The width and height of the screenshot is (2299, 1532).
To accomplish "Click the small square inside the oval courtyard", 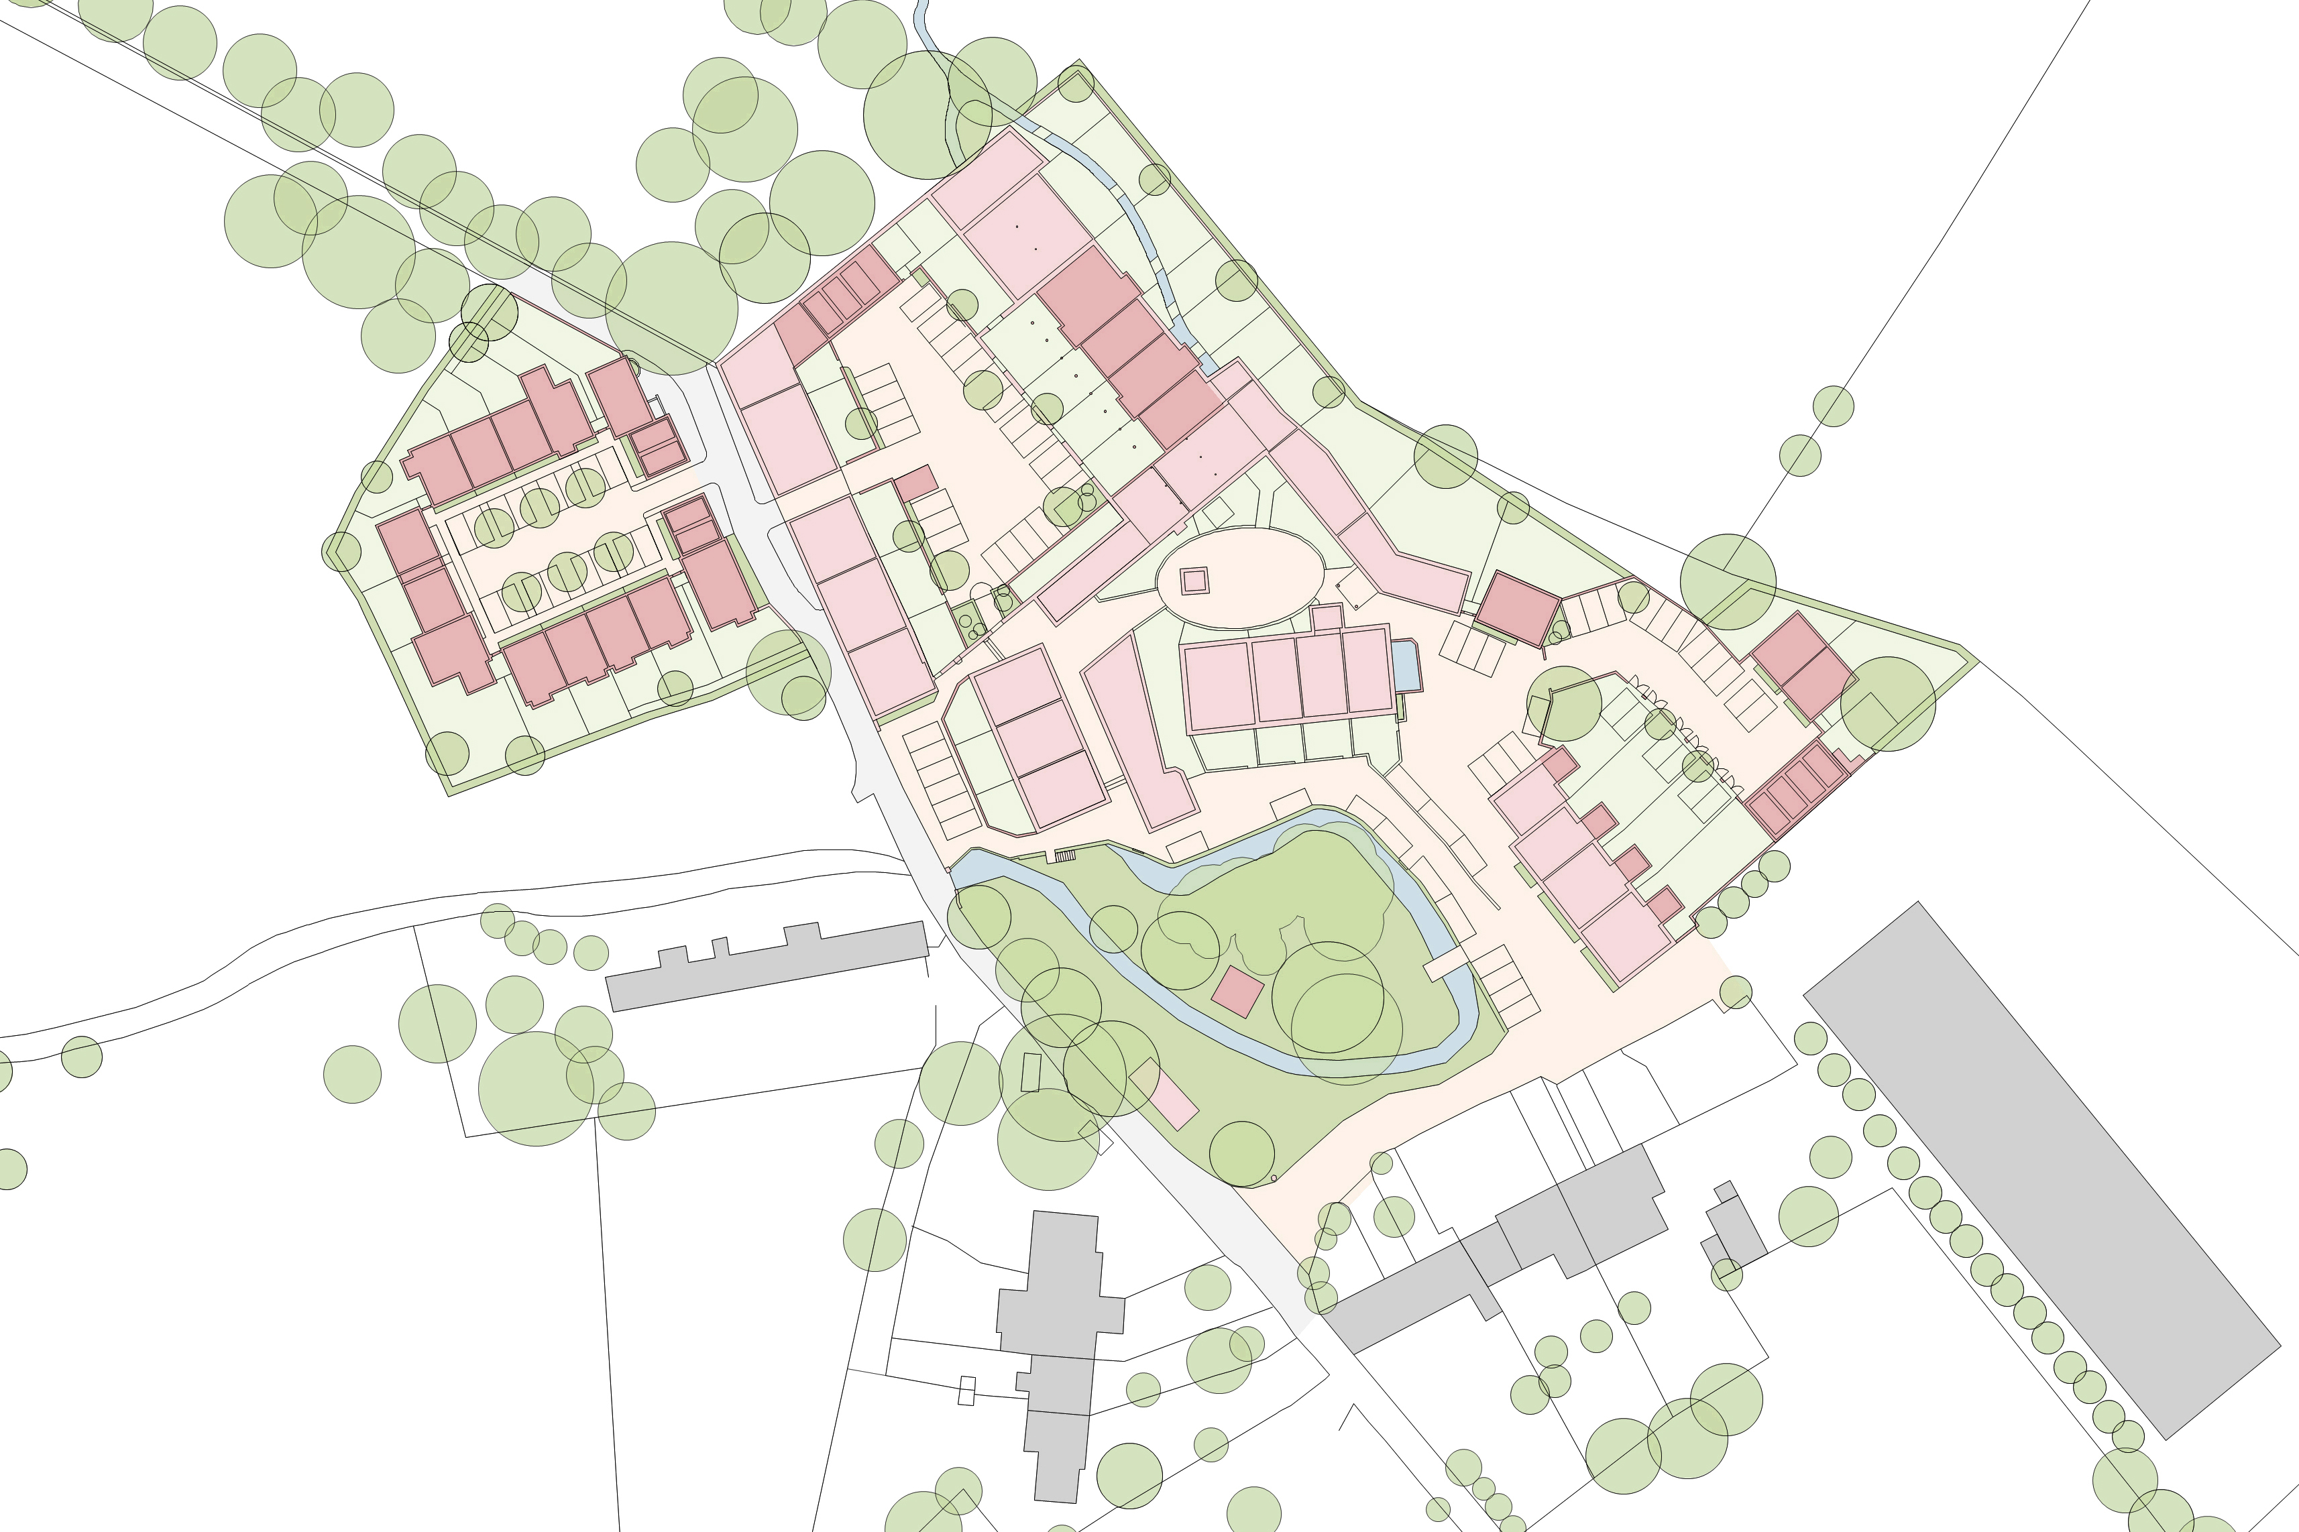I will tap(1194, 581).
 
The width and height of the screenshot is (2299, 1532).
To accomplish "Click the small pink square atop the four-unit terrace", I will tap(1327, 617).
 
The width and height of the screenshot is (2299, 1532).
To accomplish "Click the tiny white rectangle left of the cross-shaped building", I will tap(966, 1391).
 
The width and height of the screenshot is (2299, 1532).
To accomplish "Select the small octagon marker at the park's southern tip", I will tap(1274, 1178).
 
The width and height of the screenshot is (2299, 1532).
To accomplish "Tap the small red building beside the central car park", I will tap(915, 483).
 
